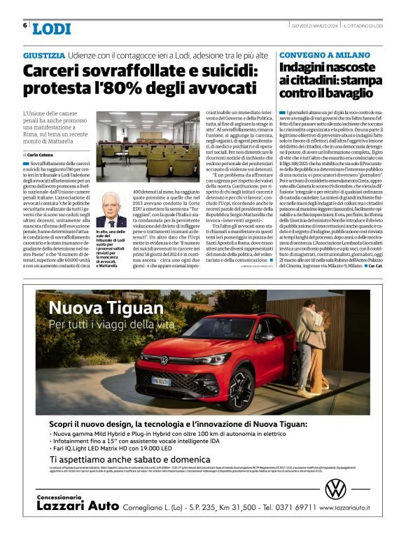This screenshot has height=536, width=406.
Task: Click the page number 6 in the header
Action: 25,26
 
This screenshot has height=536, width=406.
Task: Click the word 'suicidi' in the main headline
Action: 219,71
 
